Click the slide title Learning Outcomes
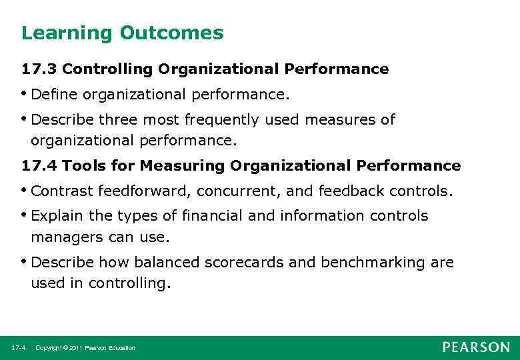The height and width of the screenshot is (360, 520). click(122, 33)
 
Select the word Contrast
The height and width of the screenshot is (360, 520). click(62, 191)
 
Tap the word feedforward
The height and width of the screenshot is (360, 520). click(146, 191)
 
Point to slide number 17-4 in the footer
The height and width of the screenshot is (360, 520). click(19, 348)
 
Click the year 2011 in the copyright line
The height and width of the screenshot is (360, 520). click(75, 348)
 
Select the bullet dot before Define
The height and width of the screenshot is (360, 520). click(25, 93)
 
